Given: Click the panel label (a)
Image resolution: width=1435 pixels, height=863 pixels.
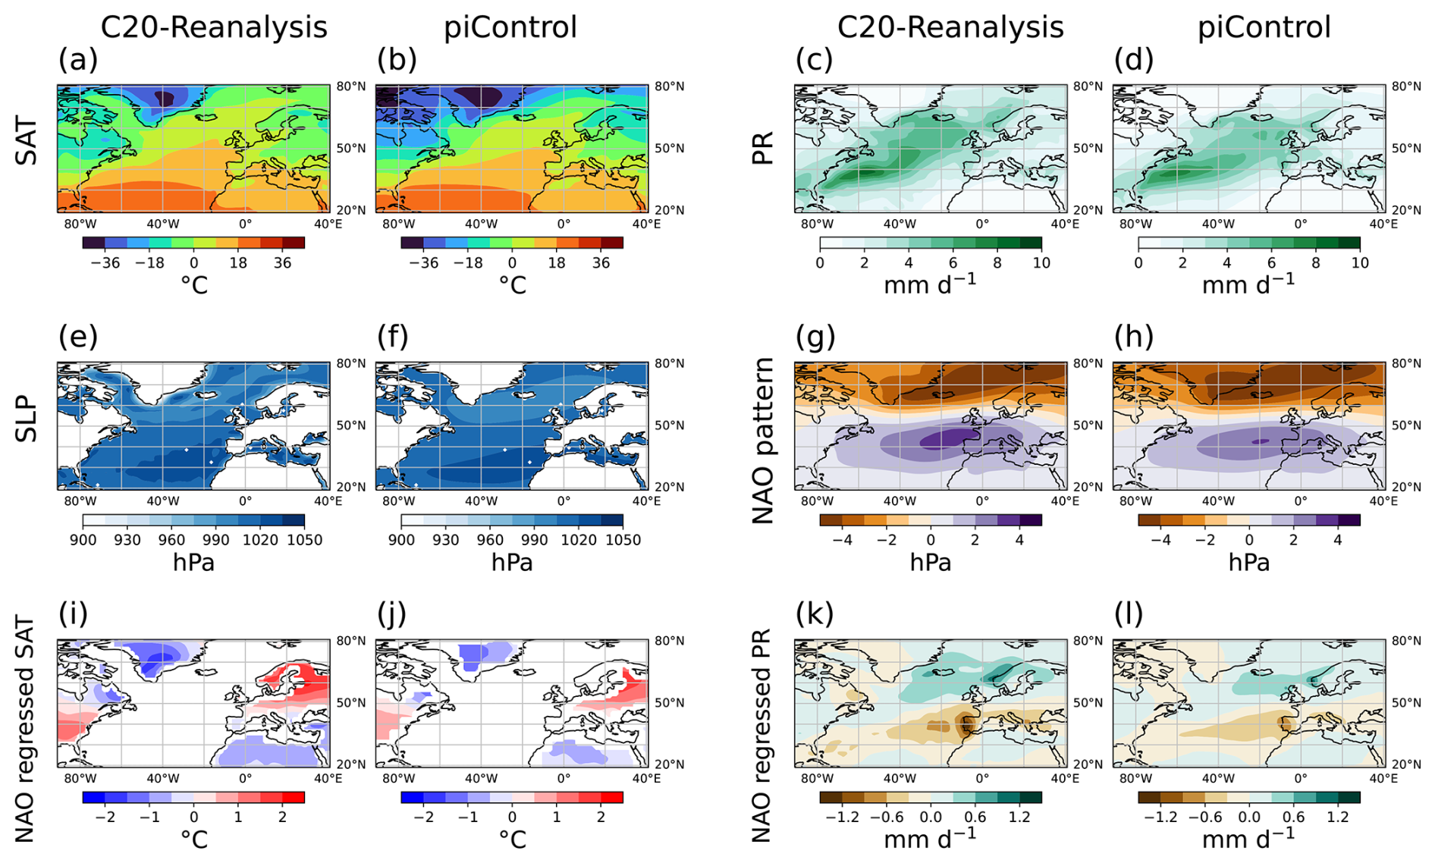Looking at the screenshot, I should coord(78,59).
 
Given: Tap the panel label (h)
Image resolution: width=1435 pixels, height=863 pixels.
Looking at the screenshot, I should coord(1134,337).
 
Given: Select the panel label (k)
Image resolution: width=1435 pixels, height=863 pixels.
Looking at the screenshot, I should coord(815,614).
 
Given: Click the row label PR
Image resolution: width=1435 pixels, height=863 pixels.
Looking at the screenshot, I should coord(762,147).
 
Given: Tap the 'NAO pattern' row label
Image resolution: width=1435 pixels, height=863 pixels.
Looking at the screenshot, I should coord(762,441).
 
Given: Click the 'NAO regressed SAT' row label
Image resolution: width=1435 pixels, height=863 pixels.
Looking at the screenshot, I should coord(25,730).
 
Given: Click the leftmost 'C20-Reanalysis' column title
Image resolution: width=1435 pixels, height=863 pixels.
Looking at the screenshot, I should coord(214,27).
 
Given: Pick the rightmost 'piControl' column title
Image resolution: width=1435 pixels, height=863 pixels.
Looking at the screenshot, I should coord(1264,27).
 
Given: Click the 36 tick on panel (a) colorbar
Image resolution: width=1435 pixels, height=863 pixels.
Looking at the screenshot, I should coord(282,262).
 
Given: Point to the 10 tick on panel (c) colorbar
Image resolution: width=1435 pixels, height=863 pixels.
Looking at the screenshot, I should coord(1041,262).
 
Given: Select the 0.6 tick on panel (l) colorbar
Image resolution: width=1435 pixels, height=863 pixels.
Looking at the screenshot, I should coord(1294,817).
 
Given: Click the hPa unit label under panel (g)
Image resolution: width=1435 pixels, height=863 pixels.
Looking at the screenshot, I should coord(931,562).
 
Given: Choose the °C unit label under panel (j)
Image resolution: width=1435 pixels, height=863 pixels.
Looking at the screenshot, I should coord(512,839).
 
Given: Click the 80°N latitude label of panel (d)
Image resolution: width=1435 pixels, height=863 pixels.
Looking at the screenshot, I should coord(1406,86).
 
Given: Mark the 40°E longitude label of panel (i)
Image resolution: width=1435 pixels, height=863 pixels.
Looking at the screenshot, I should coord(328,778).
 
